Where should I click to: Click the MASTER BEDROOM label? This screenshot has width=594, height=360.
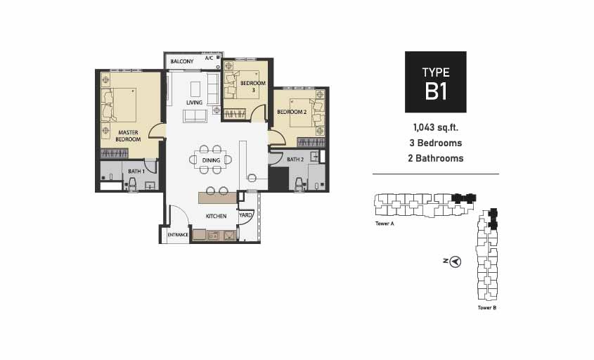click(x=128, y=136)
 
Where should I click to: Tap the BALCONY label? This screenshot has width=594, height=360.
click(x=182, y=61)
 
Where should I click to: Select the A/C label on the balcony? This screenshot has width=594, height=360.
click(x=209, y=58)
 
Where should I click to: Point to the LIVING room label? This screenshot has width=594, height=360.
click(x=194, y=103)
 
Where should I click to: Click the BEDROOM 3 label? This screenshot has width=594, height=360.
click(x=253, y=86)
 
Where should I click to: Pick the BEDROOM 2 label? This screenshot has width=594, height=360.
click(x=292, y=112)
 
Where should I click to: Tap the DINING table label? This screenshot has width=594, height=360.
click(x=211, y=160)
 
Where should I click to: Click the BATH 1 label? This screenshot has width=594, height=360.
click(x=136, y=172)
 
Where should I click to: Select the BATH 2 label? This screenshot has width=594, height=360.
click(x=295, y=160)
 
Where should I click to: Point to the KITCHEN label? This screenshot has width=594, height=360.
click(x=216, y=216)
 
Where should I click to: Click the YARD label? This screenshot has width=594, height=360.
click(x=245, y=215)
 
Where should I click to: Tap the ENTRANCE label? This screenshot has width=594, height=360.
click(x=178, y=235)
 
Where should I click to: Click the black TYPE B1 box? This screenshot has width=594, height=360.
click(x=436, y=82)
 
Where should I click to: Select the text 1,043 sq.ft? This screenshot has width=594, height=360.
click(x=436, y=127)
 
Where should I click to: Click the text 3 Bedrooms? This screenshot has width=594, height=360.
click(x=436, y=143)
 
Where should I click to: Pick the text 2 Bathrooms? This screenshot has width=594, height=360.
click(x=436, y=158)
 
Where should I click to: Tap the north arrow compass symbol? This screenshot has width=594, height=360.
click(x=456, y=262)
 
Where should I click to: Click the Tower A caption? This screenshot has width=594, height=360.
click(x=385, y=224)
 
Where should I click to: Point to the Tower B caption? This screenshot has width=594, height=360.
click(x=486, y=308)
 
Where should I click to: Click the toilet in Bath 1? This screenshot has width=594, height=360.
click(x=132, y=184)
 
